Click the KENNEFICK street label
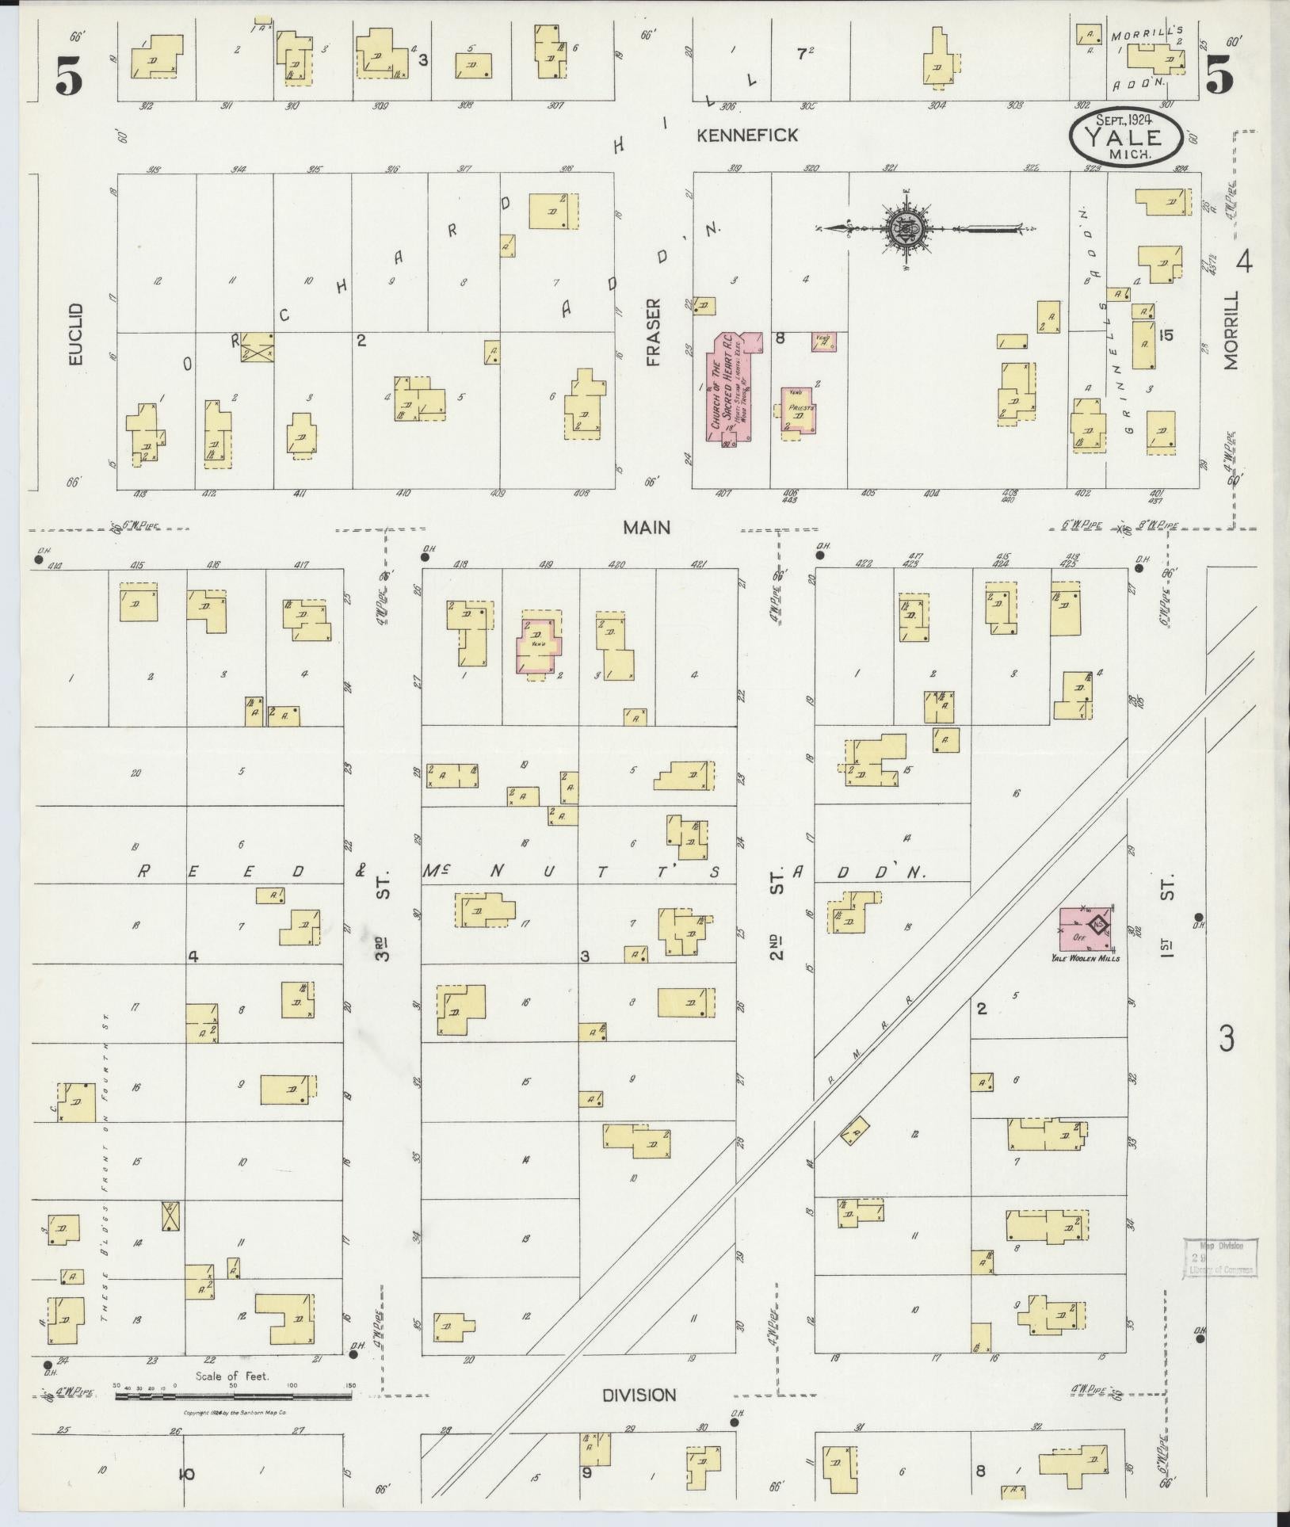747,136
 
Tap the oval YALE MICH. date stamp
1126,137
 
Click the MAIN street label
646,528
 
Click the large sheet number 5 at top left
69,77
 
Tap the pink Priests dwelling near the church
799,410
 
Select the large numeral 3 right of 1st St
1227,1039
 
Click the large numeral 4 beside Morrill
1244,261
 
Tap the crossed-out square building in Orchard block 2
257,347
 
